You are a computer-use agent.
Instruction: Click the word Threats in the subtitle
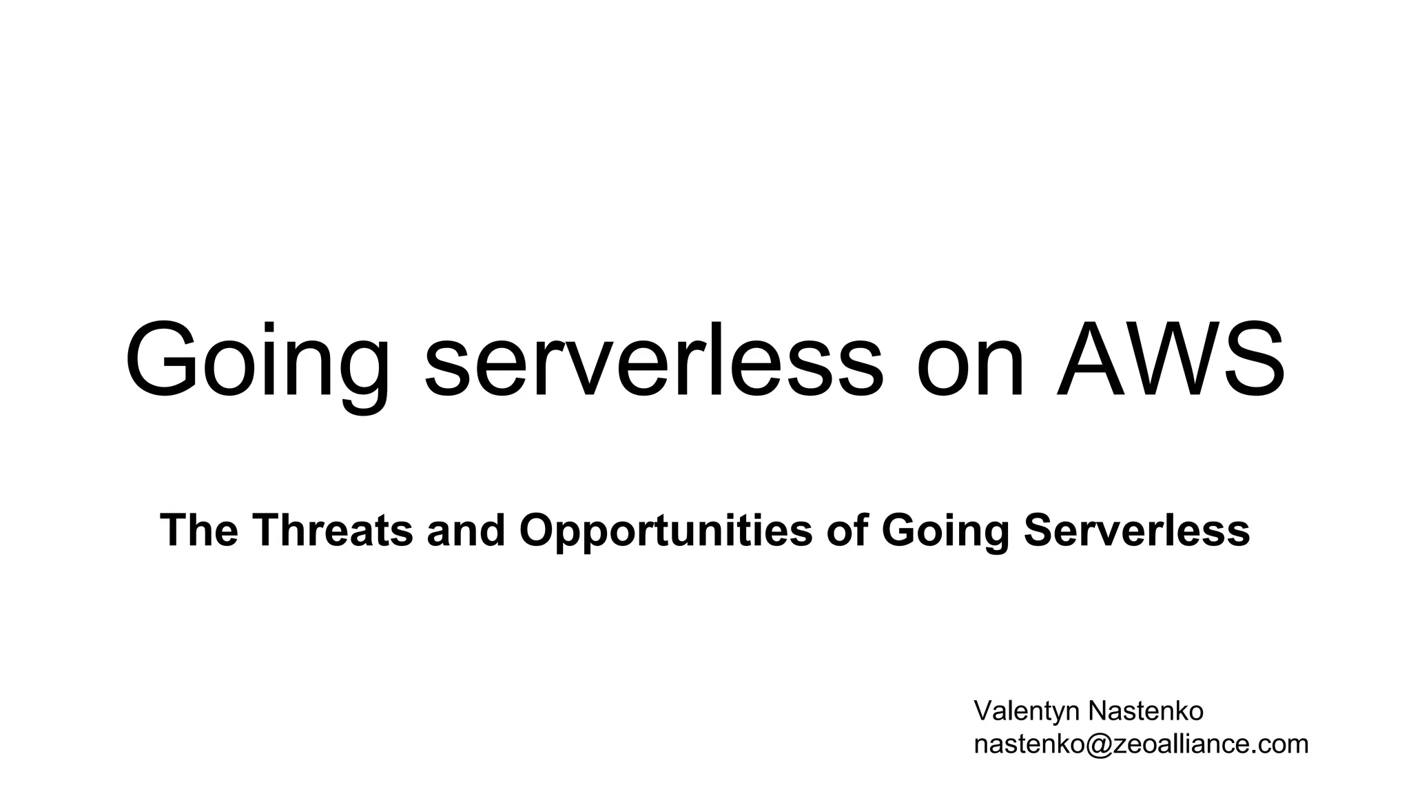pos(333,530)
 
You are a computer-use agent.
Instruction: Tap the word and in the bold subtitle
pos(466,530)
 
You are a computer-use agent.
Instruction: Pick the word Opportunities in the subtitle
pos(666,531)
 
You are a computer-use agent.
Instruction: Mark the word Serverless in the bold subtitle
pos(1137,530)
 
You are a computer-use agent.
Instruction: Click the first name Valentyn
pos(1026,712)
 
